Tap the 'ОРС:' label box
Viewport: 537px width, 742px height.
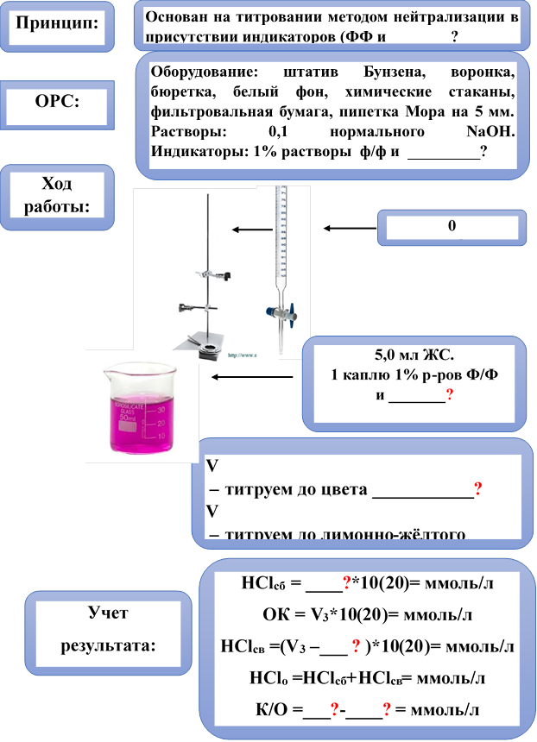coord(57,102)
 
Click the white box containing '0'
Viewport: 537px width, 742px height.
coord(452,228)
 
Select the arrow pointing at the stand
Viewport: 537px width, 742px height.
coord(251,230)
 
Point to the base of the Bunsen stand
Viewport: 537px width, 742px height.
coord(207,342)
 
